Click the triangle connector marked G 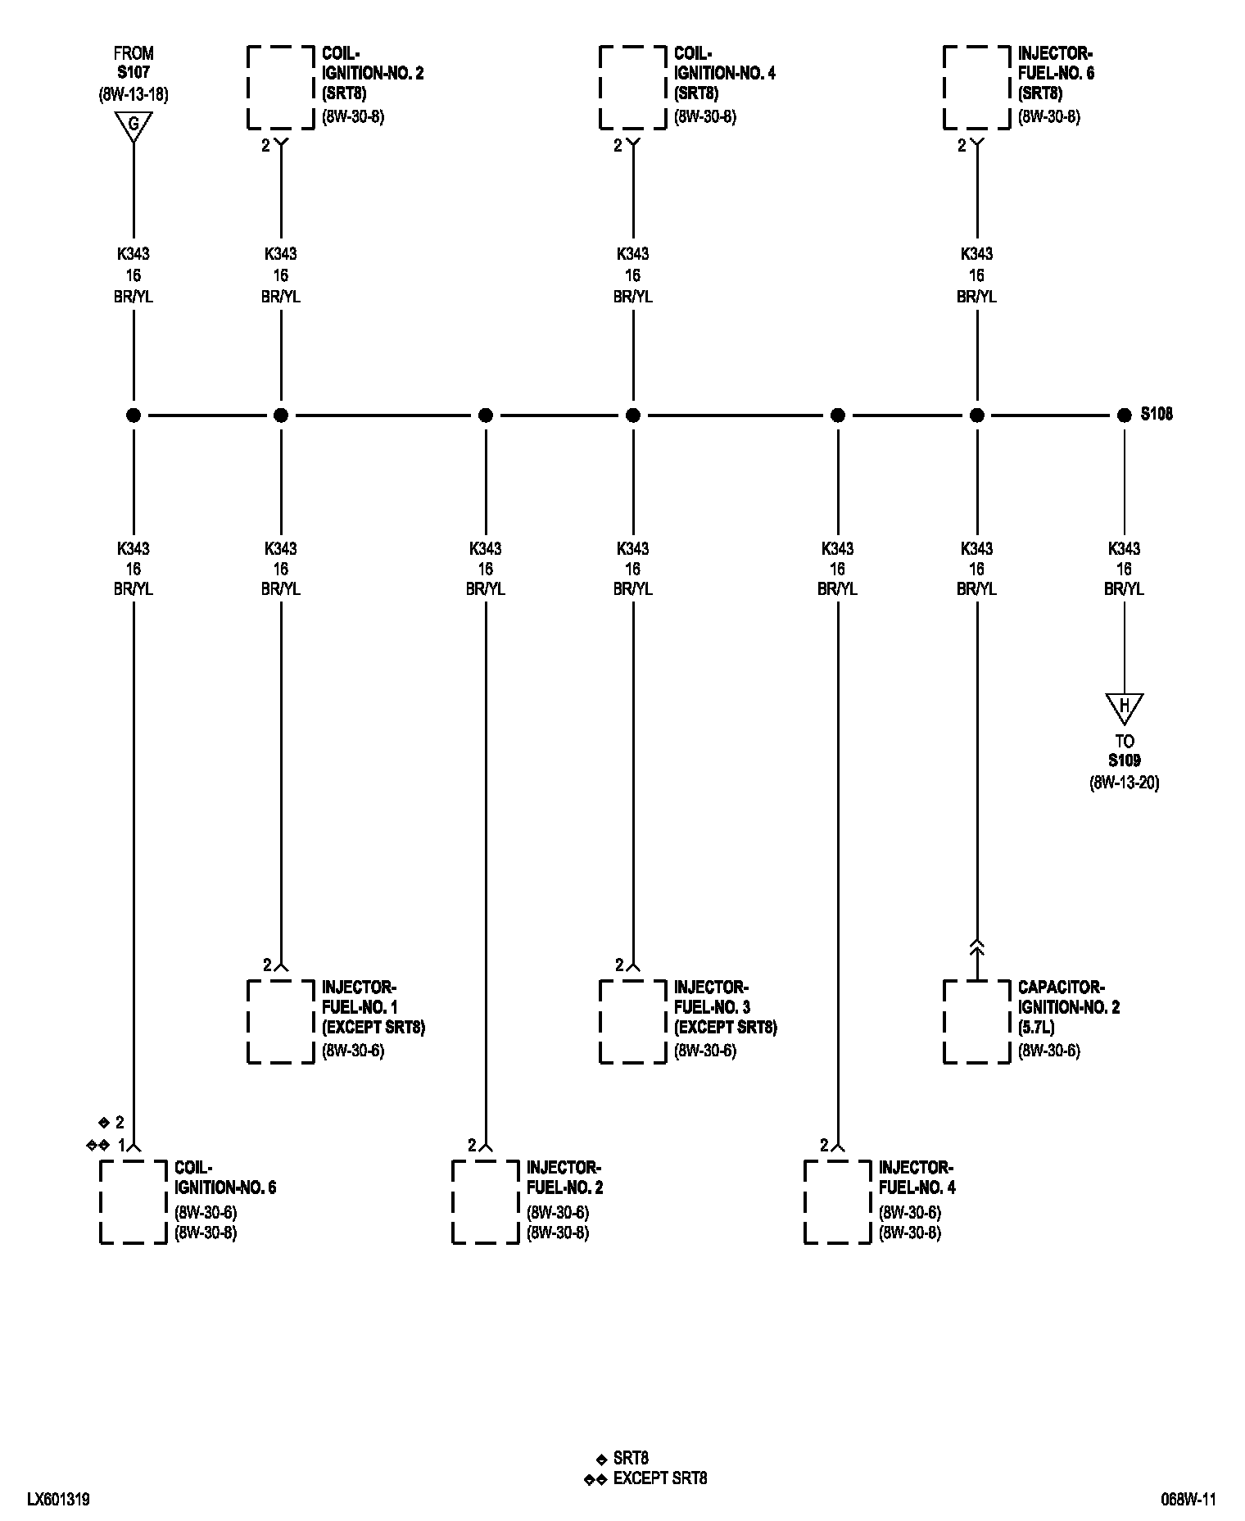pos(134,126)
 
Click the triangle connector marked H pos(1124,706)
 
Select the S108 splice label pos(1157,415)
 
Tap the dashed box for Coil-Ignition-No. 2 pos(281,88)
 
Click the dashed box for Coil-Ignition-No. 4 pos(632,88)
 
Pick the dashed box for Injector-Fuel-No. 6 pos(976,88)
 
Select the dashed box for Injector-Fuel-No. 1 pos(281,1021)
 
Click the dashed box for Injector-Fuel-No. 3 pos(632,1021)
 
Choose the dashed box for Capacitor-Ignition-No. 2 pos(976,1021)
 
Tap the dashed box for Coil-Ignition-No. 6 pos(134,1201)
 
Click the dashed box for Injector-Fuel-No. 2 pos(486,1201)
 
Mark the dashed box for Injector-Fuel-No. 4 pos(837,1201)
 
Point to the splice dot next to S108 pos(1124,415)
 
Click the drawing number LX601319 pos(58,1500)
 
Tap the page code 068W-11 pos(1188,1500)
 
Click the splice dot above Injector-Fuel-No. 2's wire pos(486,415)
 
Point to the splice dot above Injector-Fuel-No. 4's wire pos(837,415)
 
